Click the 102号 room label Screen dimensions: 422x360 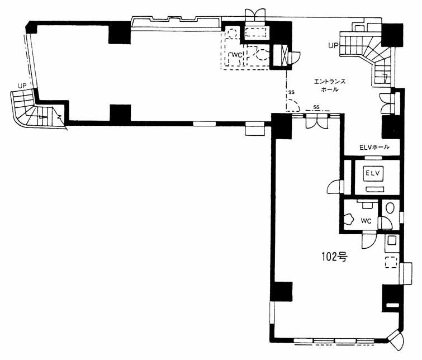tap(335, 257)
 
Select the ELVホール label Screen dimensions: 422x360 tap(374, 147)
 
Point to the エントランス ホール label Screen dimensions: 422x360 tap(330, 85)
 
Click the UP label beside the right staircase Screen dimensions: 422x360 tap(333, 45)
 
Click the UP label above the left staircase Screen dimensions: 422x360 tap(22, 86)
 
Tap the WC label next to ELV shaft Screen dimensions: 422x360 tap(366, 221)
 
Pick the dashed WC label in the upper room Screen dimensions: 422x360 tap(237, 55)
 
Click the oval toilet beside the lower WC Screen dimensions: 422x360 tap(390, 208)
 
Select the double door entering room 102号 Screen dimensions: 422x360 tap(316, 121)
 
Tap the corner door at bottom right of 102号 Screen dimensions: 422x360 tap(396, 340)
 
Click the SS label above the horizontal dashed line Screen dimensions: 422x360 tap(316, 107)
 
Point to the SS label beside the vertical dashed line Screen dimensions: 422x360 tap(291, 92)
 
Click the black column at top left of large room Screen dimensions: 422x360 tap(120, 32)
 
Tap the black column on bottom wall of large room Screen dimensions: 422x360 tap(120, 113)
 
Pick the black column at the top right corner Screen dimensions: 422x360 tap(392, 35)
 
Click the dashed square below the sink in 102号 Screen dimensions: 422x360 tap(391, 262)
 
